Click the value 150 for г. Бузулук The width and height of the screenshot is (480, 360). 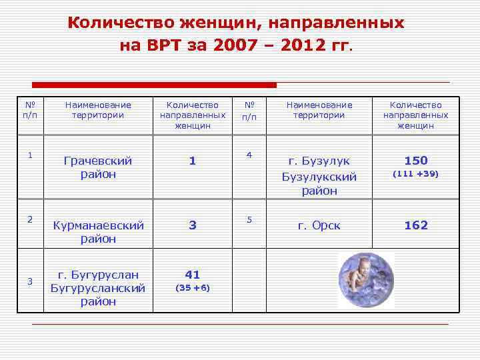pyautogui.click(x=416, y=161)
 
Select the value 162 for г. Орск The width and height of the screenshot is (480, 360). pyautogui.click(x=416, y=225)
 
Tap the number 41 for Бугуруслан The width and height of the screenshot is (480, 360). pyautogui.click(x=192, y=275)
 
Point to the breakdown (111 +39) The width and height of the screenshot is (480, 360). pyautogui.click(x=416, y=174)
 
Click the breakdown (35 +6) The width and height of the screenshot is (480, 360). pyautogui.click(x=192, y=288)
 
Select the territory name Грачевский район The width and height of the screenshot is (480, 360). pyautogui.click(x=97, y=167)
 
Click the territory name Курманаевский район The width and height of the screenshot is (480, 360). pyautogui.click(x=98, y=232)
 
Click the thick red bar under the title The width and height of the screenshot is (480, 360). pyautogui.click(x=155, y=85)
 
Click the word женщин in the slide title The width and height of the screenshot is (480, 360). pyautogui.click(x=215, y=23)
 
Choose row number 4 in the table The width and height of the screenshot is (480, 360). pyautogui.click(x=249, y=155)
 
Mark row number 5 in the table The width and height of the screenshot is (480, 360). pyautogui.click(x=249, y=219)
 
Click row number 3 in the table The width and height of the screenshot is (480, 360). pyautogui.click(x=30, y=281)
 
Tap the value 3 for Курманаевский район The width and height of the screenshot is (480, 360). pyautogui.click(x=192, y=225)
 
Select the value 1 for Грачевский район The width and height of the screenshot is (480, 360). pyautogui.click(x=192, y=161)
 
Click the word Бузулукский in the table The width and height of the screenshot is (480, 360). pyautogui.click(x=319, y=177)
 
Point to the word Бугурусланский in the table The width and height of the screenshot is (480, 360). pyautogui.click(x=98, y=288)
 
